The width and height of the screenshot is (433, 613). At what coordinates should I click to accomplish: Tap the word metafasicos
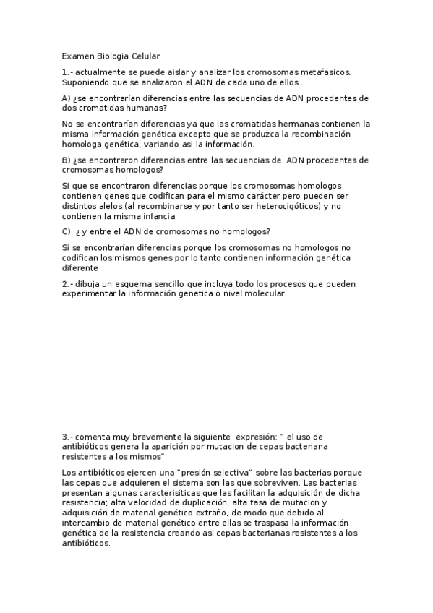tap(322, 72)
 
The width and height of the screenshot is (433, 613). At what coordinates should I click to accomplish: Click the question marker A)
tap(67, 98)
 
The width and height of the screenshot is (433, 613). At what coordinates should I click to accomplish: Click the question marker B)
tap(67, 160)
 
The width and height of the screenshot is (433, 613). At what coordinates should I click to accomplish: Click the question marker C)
tap(67, 231)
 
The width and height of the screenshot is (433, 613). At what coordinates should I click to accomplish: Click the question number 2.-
tap(67, 284)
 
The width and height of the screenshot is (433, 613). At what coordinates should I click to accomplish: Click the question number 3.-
tap(67, 437)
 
